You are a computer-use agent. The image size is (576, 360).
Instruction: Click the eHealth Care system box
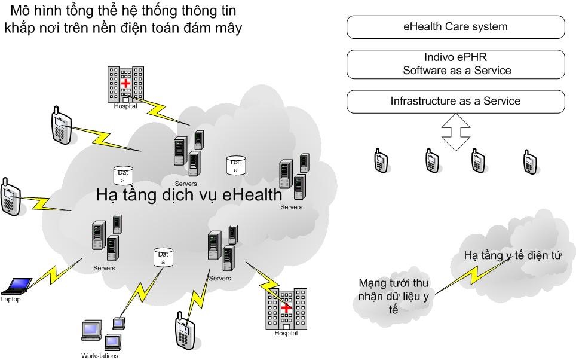point(455,27)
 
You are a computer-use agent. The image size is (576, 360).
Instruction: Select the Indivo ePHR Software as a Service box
point(455,65)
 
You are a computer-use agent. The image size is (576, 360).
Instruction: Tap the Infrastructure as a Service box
point(455,101)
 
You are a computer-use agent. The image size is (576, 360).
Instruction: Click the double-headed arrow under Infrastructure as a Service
point(455,133)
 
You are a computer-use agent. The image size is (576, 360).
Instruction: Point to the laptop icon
point(18,286)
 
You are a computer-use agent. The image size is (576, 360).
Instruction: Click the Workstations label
point(100,355)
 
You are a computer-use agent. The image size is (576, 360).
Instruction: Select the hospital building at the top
point(125,84)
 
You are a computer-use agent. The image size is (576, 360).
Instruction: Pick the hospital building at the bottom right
point(286,309)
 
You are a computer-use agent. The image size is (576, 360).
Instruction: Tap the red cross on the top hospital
point(125,83)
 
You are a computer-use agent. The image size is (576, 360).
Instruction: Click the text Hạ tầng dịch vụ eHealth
point(189,196)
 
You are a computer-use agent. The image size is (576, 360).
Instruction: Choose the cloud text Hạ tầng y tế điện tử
point(513,256)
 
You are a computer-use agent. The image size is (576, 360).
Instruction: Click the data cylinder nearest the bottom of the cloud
point(162,257)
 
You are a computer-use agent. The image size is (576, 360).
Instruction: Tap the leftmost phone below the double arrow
point(381,161)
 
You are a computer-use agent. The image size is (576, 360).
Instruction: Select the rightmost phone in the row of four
point(529,161)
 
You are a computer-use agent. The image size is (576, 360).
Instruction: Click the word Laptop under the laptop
point(11,300)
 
